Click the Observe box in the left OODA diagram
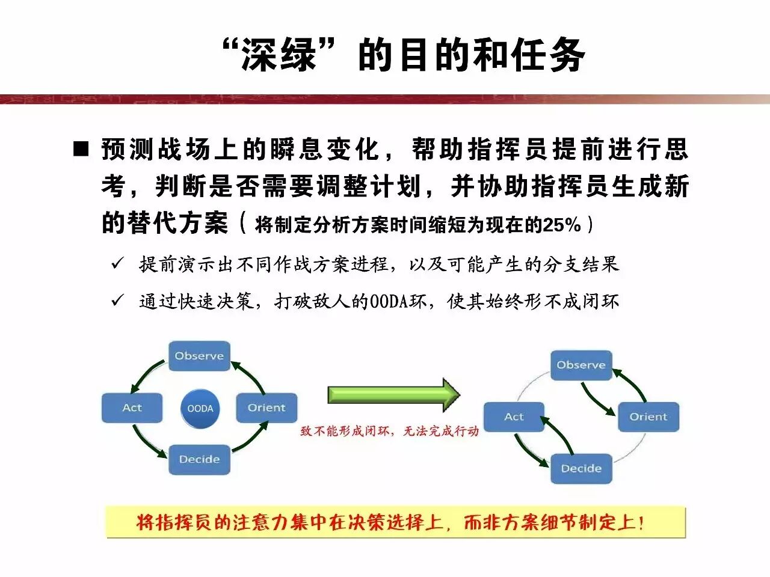(x=199, y=356)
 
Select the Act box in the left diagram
(x=132, y=408)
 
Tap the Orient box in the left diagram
(x=266, y=408)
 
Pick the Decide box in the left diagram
(x=199, y=460)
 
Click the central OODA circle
(x=200, y=409)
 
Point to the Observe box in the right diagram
(x=581, y=365)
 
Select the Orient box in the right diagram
(x=648, y=417)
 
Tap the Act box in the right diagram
(x=514, y=417)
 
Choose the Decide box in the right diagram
(x=581, y=469)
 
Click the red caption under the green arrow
(x=389, y=431)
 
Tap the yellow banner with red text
(x=395, y=522)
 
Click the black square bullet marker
(x=81, y=149)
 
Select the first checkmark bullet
(x=117, y=263)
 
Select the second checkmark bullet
(x=117, y=300)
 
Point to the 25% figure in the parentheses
(x=562, y=225)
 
